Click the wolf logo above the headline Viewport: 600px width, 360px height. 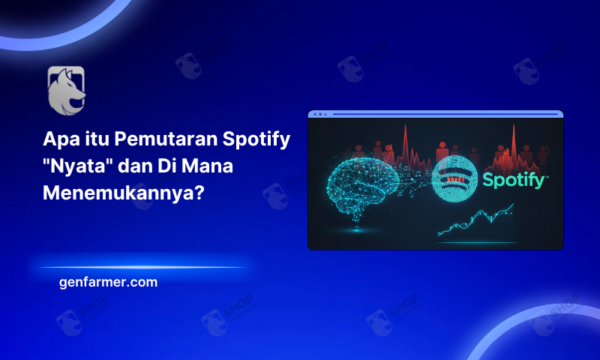pos(66,90)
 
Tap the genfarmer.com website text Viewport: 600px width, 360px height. pos(107,282)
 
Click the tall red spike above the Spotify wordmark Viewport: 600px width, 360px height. pos(514,139)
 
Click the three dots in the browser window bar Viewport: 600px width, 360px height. pos(319,115)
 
